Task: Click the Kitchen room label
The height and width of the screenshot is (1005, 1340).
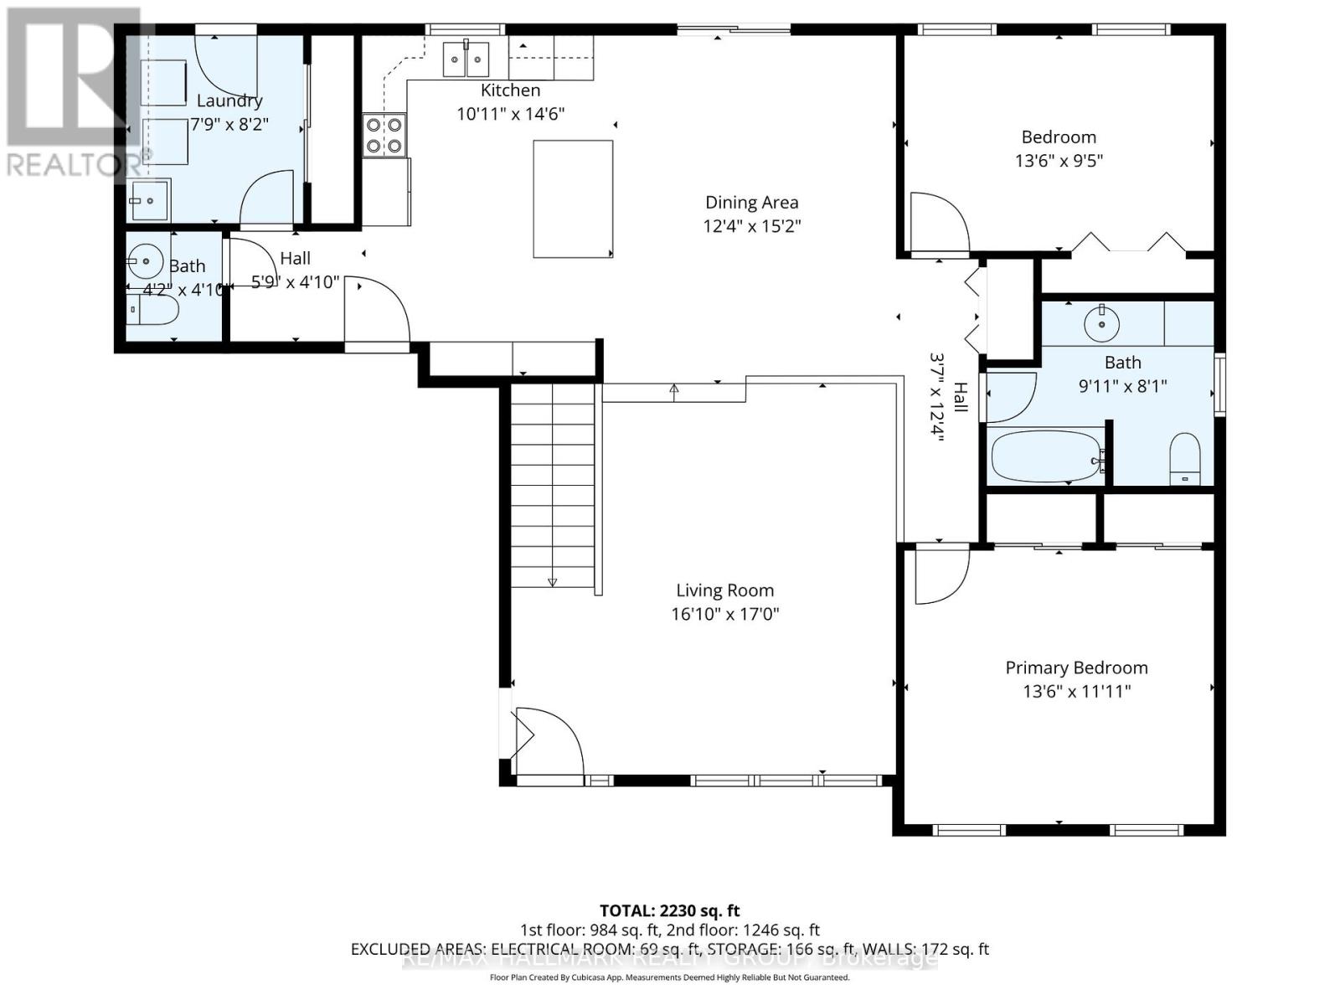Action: tap(510, 90)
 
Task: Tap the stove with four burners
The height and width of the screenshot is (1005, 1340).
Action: tap(384, 136)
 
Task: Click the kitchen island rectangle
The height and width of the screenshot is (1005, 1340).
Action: tap(573, 198)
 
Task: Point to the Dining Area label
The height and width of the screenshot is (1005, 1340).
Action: tap(751, 203)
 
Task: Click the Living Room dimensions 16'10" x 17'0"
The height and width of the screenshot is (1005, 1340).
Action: tap(724, 614)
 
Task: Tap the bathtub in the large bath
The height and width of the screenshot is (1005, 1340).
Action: tap(1045, 456)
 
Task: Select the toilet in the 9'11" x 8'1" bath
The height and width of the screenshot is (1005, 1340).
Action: tap(1184, 459)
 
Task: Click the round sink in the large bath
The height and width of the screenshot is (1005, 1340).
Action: tap(1101, 322)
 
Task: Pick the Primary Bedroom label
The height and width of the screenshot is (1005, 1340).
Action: tap(1076, 668)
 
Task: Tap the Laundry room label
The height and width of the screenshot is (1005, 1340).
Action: tap(229, 101)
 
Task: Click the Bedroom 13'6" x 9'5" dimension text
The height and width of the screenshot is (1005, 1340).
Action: tap(1059, 161)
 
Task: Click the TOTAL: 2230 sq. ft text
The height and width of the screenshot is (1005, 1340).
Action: tap(669, 910)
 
